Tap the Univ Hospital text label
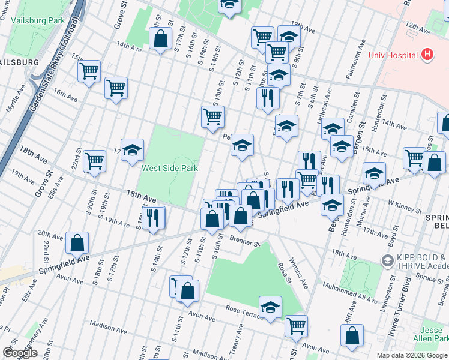click(x=393, y=56)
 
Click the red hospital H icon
click(x=427, y=55)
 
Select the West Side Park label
click(x=170, y=169)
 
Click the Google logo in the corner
click(x=20, y=353)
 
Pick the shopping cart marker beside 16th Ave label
click(x=116, y=89)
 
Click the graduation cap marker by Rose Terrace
click(x=271, y=307)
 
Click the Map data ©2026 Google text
click(x=411, y=355)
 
